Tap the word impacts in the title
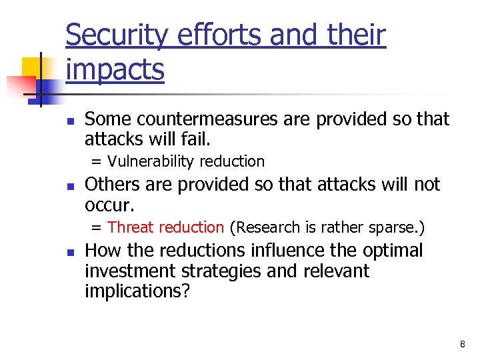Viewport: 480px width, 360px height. click(115, 69)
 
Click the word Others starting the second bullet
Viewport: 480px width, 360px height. click(109, 185)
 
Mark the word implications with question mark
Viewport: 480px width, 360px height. click(137, 292)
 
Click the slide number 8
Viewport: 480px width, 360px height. click(462, 344)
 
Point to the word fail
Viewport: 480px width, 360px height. click(197, 139)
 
